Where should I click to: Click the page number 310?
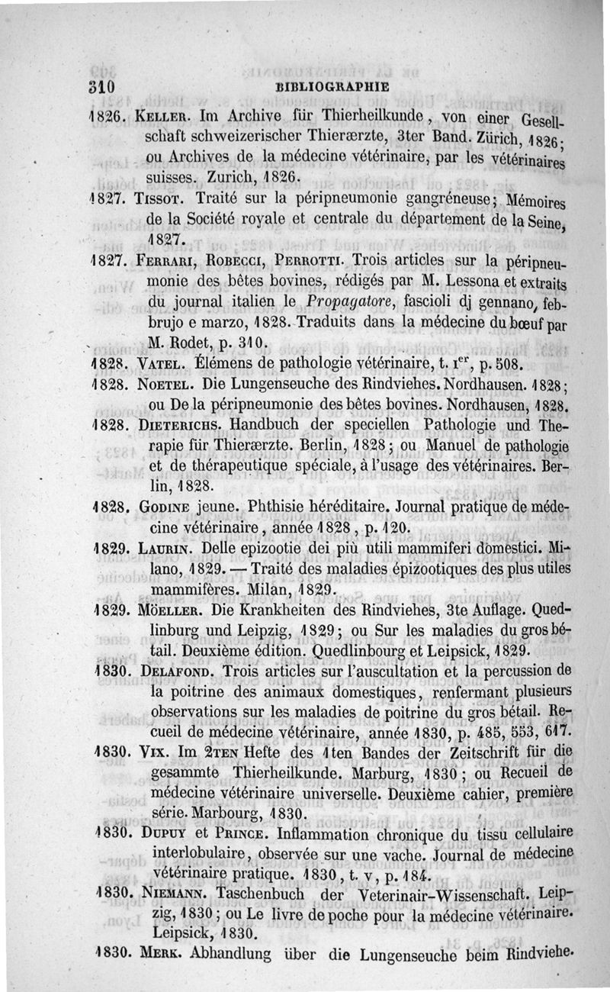coord(100,86)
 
